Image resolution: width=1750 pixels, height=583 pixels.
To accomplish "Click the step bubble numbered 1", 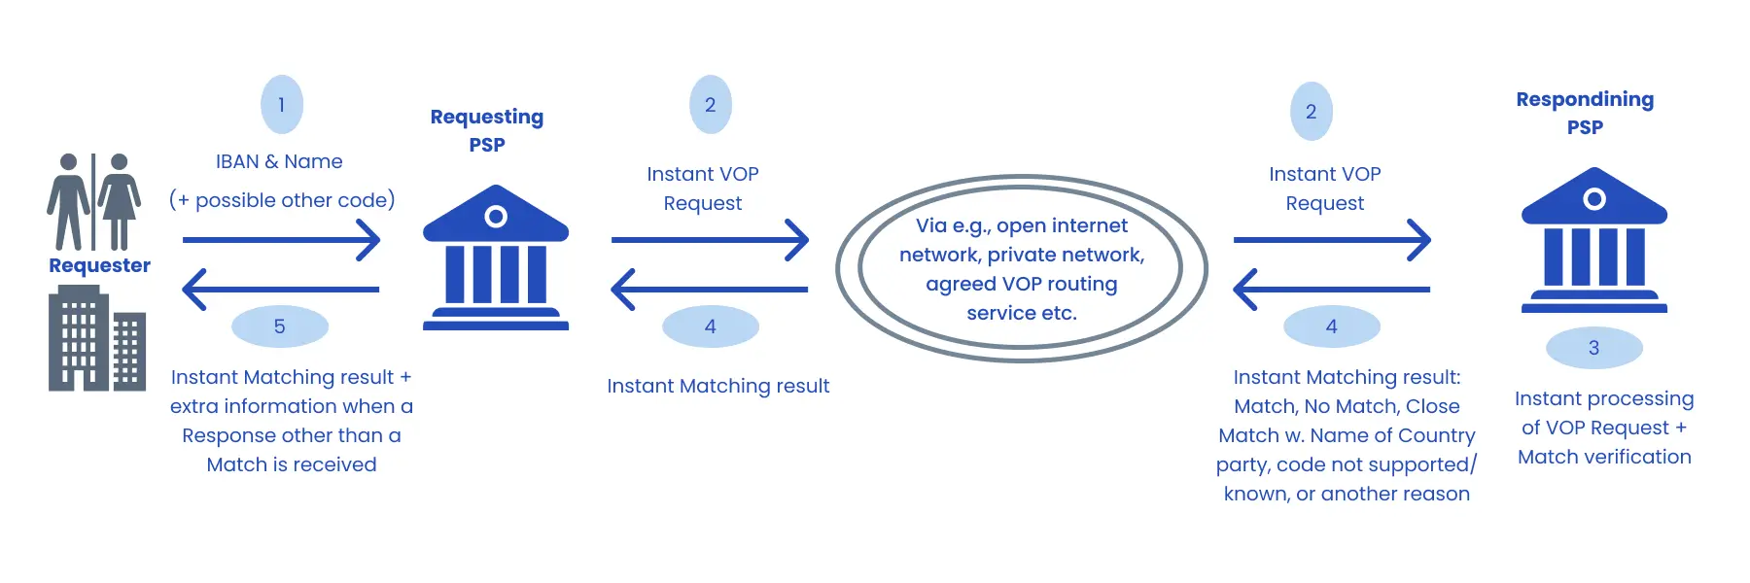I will (282, 105).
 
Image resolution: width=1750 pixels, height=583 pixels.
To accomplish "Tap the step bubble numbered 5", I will (280, 326).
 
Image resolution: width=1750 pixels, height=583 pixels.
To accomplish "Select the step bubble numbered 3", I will (1593, 348).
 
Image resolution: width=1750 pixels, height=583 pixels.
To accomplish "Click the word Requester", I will (99, 265).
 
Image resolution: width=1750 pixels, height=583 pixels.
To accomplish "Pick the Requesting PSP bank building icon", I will (496, 257).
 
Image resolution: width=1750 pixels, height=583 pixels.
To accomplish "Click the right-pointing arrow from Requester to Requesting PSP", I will (282, 239).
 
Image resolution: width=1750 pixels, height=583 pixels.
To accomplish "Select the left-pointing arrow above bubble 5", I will (282, 290).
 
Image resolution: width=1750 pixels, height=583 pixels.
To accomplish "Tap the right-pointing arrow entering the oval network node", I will (710, 239).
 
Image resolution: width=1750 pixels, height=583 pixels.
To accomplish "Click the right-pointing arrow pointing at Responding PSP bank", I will (1332, 239).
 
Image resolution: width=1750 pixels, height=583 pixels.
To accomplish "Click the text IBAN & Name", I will (279, 161).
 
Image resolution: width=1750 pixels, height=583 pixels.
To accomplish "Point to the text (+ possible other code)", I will (282, 200).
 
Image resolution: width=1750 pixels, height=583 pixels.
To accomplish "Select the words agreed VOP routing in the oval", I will (1021, 284).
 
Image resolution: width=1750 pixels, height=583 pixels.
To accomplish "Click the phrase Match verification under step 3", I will (1604, 457).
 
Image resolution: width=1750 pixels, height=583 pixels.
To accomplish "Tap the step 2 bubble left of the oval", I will (711, 105).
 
